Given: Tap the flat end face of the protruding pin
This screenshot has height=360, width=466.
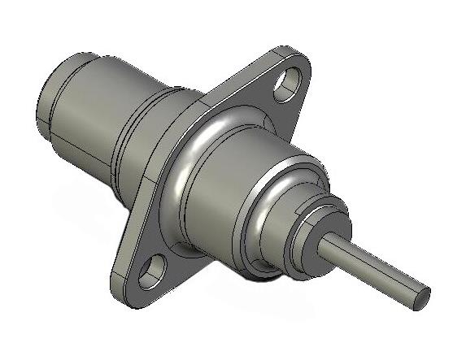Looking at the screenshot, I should click(420, 297).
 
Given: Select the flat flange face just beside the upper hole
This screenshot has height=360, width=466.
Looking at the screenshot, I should click(264, 89).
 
